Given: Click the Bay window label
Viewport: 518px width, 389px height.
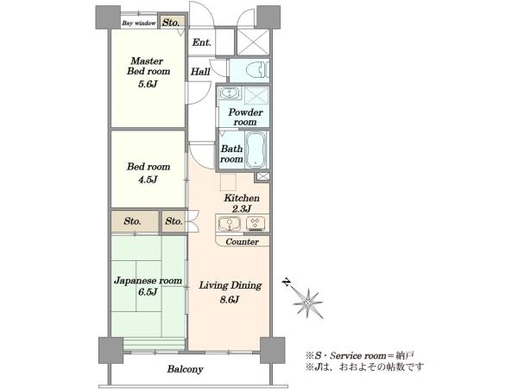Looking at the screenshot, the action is [139, 23].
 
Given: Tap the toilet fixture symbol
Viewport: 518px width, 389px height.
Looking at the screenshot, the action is [257, 70].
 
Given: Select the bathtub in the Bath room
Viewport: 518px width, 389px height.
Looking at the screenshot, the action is [256, 150].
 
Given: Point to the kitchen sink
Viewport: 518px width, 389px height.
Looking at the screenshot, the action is [230, 224].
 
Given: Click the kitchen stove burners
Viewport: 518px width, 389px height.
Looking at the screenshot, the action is [255, 223].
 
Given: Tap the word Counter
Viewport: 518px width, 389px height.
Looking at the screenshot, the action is [242, 242].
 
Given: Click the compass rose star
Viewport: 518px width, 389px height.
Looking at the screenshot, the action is [308, 303].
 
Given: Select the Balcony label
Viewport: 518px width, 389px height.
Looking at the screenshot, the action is [185, 369].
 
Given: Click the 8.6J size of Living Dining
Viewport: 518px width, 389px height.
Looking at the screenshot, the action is [229, 300].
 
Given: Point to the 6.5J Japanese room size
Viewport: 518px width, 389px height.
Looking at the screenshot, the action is [148, 292].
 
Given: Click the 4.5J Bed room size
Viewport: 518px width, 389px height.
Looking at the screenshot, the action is [148, 180].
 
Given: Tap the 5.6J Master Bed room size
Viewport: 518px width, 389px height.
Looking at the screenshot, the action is [148, 84].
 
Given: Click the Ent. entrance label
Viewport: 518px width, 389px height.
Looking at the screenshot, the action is [201, 42].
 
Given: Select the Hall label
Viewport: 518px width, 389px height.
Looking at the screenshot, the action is [200, 72].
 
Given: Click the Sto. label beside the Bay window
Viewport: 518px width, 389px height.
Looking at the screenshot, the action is [171, 22].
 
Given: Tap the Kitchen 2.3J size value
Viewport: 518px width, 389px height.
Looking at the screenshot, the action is [242, 209].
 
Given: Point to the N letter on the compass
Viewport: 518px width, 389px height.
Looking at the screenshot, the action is [287, 282].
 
